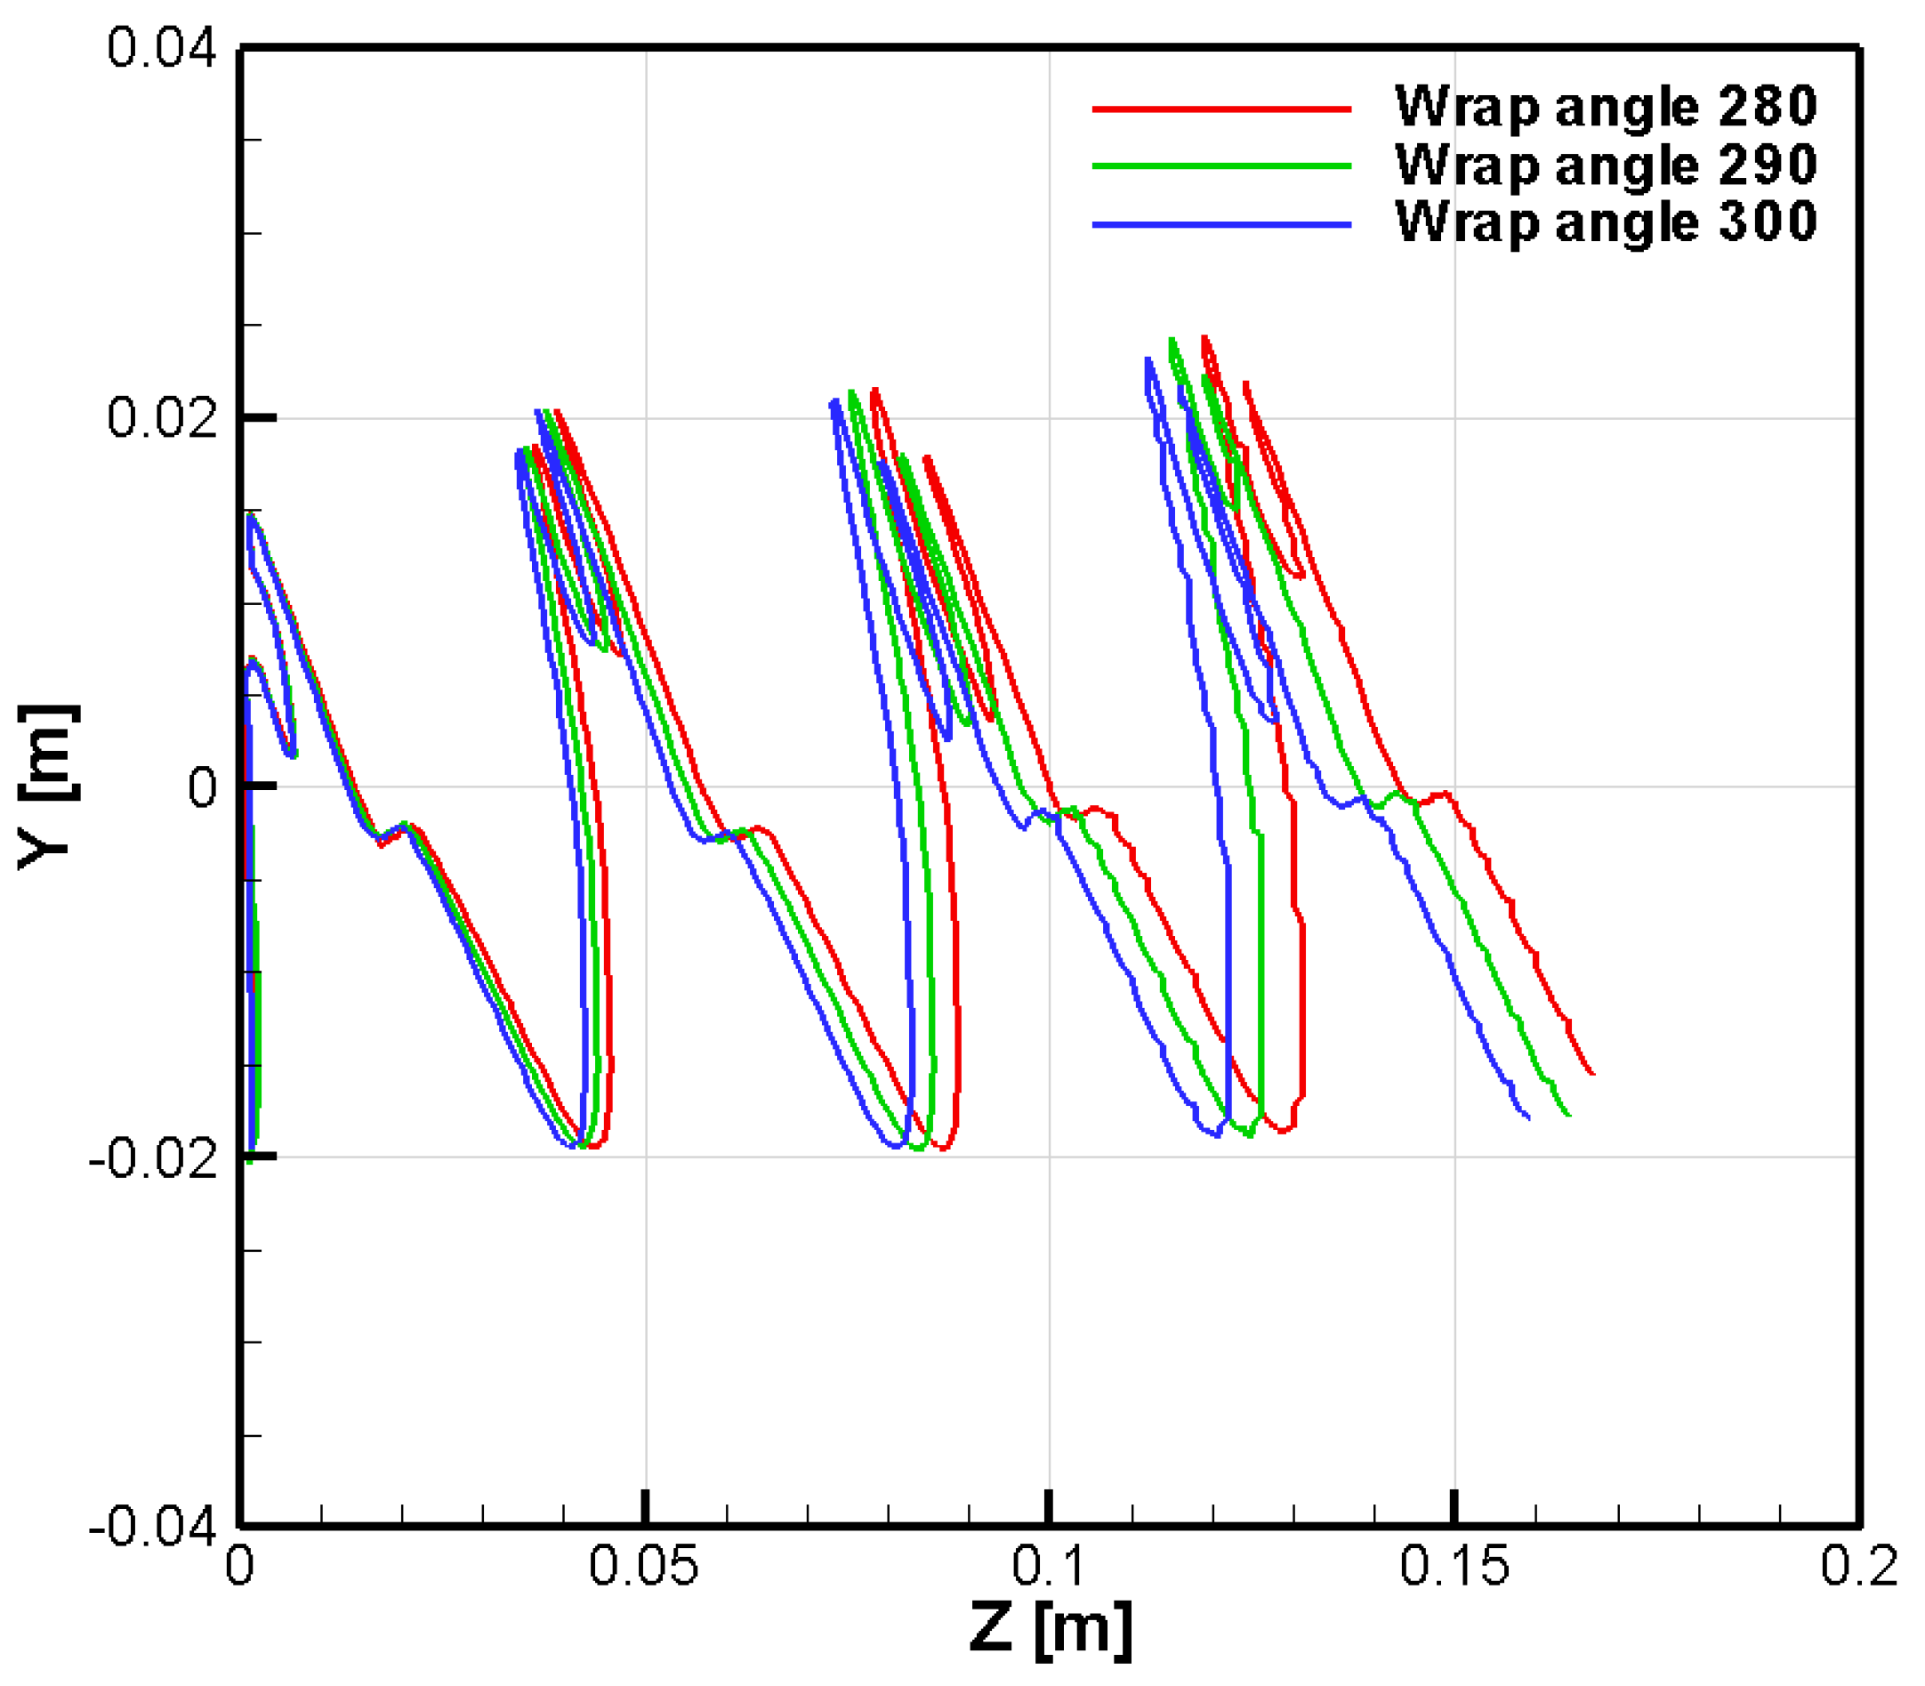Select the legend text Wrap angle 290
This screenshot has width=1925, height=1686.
pos(1605,165)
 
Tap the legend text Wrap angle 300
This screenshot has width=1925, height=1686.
pos(1605,222)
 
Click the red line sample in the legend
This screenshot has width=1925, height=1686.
pos(1221,110)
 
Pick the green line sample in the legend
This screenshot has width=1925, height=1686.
pos(1221,166)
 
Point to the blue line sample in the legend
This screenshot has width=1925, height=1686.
pos(1221,225)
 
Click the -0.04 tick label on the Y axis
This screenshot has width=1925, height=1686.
pos(151,1526)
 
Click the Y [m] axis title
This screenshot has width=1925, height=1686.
pos(47,787)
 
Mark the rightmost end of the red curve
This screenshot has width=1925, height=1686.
pos(1592,1073)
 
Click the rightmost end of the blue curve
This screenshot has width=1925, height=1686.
pos(1528,1117)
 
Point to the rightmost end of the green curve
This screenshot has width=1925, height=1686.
pos(1569,1116)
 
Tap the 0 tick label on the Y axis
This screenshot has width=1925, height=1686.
pos(202,787)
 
